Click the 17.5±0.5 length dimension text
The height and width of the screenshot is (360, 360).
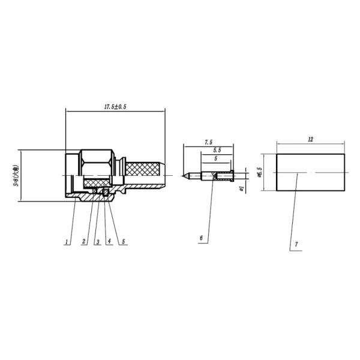[x=113, y=106]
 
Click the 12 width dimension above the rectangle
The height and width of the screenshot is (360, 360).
[x=310, y=139]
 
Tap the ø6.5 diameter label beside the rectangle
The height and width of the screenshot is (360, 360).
[x=259, y=173]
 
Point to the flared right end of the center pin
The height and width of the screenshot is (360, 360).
[x=227, y=176]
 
